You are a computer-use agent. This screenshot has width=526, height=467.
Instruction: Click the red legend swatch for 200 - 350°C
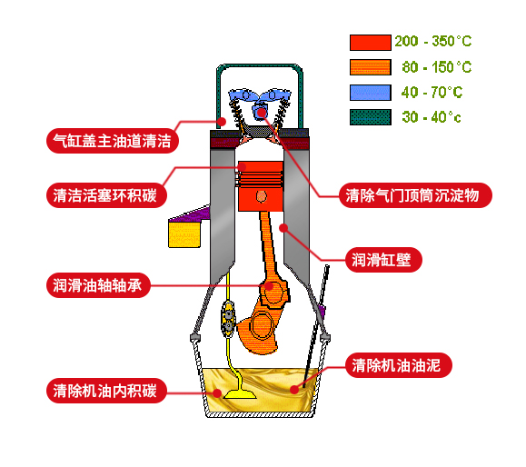pyautogui.click(x=371, y=43)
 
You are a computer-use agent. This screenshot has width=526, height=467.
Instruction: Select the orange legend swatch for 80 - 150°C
pyautogui.click(x=371, y=67)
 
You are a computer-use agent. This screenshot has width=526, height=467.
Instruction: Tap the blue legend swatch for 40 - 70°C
pyautogui.click(x=371, y=93)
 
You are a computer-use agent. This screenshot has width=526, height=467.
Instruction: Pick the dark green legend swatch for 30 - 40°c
pyautogui.click(x=371, y=117)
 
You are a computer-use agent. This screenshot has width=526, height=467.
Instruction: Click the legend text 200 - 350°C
pyautogui.click(x=433, y=41)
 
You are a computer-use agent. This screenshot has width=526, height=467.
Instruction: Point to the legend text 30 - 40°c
pyautogui.click(x=432, y=117)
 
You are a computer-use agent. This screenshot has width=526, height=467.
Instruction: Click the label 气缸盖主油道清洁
pyautogui.click(x=113, y=141)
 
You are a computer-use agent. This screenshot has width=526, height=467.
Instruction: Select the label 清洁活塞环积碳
pyautogui.click(x=106, y=195)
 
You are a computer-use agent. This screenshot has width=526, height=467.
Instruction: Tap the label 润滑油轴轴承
pyautogui.click(x=98, y=285)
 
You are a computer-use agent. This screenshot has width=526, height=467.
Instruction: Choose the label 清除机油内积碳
pyautogui.click(x=106, y=391)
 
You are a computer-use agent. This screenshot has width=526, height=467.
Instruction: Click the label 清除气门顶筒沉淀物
pyautogui.click(x=415, y=195)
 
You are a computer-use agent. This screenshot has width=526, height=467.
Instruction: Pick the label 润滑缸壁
pyautogui.click(x=383, y=260)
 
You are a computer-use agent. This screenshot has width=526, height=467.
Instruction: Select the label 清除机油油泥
pyautogui.click(x=399, y=365)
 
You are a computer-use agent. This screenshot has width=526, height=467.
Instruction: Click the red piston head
pyautogui.click(x=261, y=186)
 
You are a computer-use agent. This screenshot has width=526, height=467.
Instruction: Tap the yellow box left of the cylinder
pyautogui.click(x=184, y=234)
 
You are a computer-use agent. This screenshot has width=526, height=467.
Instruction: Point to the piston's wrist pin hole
pyautogui.click(x=262, y=196)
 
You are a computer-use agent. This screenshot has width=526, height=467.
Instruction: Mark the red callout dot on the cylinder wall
pyautogui.click(x=283, y=228)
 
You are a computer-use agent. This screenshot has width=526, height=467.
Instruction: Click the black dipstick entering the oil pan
pyautogui.click(x=315, y=326)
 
